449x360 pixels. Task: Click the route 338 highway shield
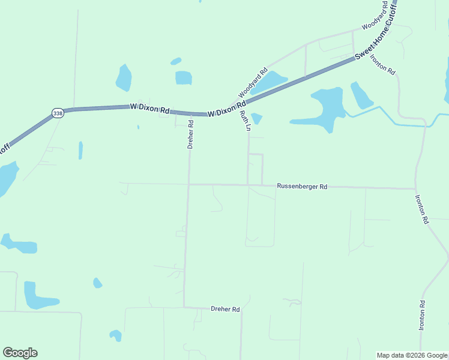click(58, 113)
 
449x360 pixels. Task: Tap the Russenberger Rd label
click(302, 187)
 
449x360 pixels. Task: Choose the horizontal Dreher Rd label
click(225, 310)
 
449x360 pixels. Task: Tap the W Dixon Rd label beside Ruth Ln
click(228, 110)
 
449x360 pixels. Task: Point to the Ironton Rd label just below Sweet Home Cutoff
click(382, 64)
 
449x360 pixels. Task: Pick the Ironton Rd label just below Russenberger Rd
click(421, 209)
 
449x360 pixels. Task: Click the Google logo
click(20, 353)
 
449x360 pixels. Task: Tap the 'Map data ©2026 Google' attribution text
click(411, 355)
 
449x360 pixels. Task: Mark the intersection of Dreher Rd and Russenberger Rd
click(188, 184)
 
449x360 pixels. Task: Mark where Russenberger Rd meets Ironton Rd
click(415, 188)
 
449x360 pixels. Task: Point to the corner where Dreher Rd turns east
click(184, 307)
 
